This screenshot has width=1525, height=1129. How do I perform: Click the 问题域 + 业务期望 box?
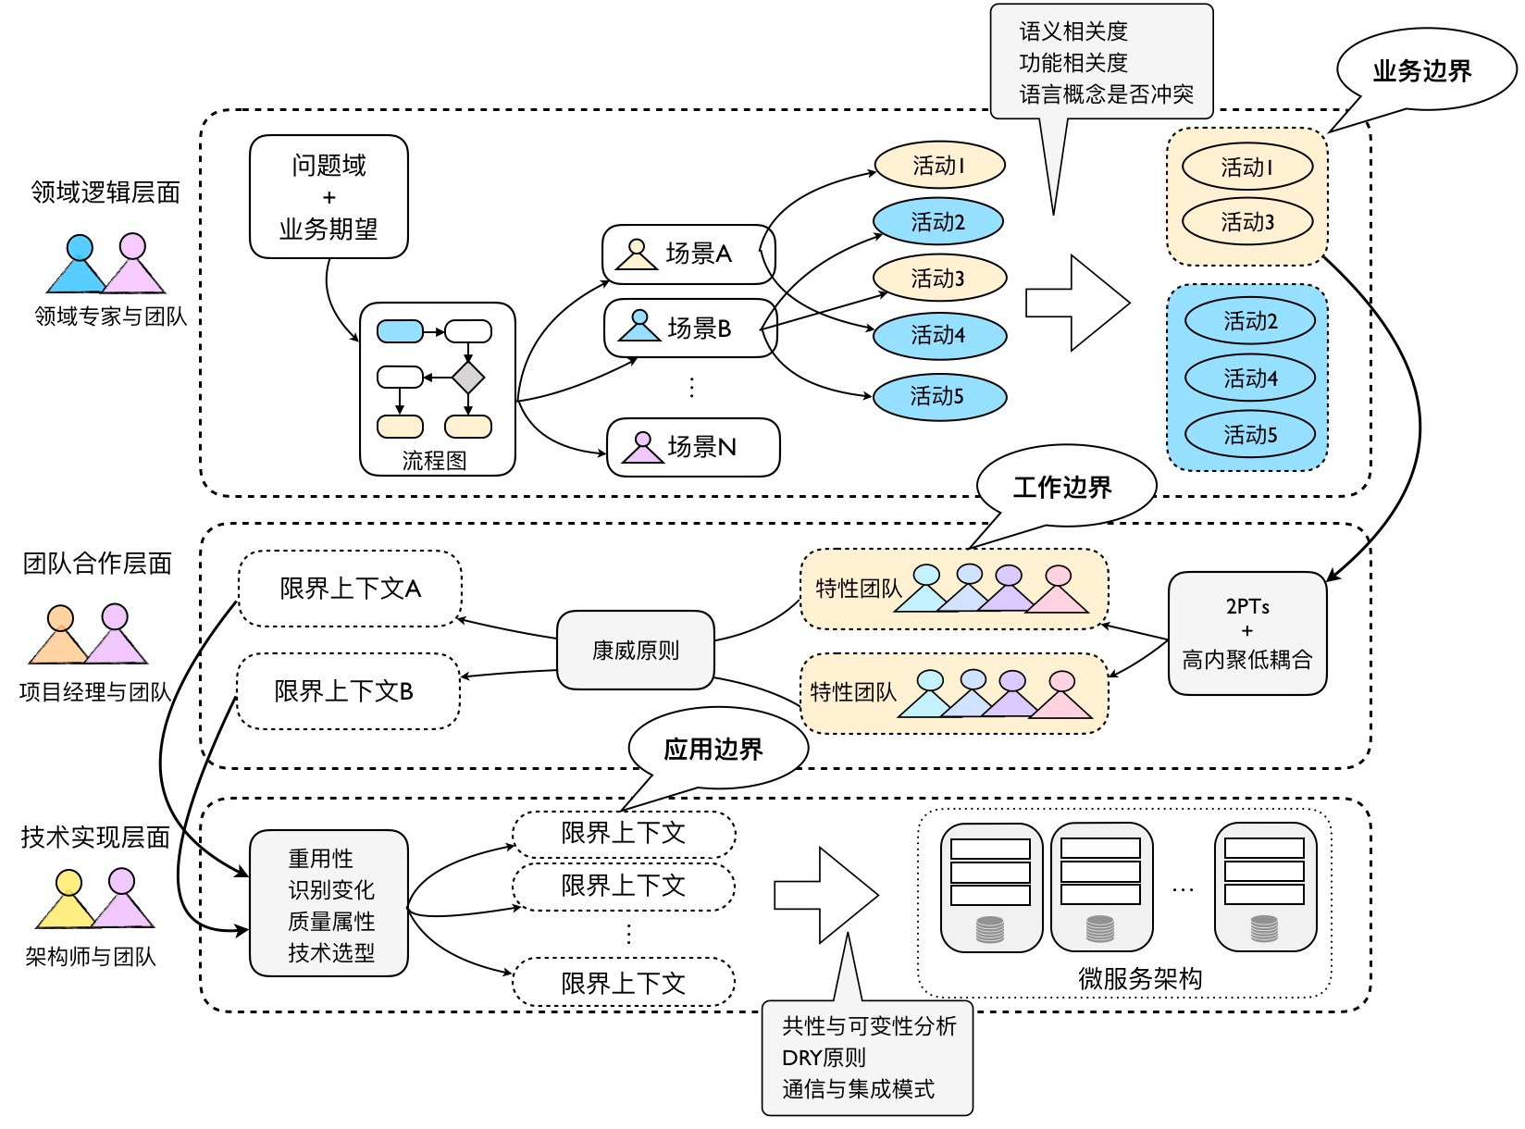pos(329,196)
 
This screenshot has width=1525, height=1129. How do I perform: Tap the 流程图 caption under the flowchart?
pos(434,460)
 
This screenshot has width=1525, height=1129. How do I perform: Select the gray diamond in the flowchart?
pos(468,378)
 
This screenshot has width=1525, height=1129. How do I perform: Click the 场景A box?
pos(688,254)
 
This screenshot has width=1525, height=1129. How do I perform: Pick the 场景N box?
pos(693,447)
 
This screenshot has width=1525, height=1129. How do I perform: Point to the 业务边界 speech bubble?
pos(1422,70)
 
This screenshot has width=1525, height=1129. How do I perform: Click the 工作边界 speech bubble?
pos(1063,487)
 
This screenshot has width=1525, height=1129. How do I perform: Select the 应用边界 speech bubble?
pos(714,749)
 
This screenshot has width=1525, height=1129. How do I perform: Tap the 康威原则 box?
pos(635,651)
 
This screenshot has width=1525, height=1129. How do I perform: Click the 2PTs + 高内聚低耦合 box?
pos(1247,633)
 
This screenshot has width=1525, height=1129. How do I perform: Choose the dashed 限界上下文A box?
pos(351,589)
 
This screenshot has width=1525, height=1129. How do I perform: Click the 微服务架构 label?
pos(1140,978)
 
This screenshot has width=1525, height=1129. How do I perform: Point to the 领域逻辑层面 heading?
pos(105,192)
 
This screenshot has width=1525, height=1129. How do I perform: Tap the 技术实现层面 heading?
pos(95,837)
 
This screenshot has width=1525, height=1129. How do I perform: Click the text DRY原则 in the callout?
pos(824,1057)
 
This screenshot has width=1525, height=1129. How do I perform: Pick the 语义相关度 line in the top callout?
pos(1073,31)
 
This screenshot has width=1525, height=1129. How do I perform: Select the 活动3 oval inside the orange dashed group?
pos(1247,222)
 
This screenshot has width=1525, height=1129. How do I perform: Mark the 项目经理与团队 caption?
pos(95,691)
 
